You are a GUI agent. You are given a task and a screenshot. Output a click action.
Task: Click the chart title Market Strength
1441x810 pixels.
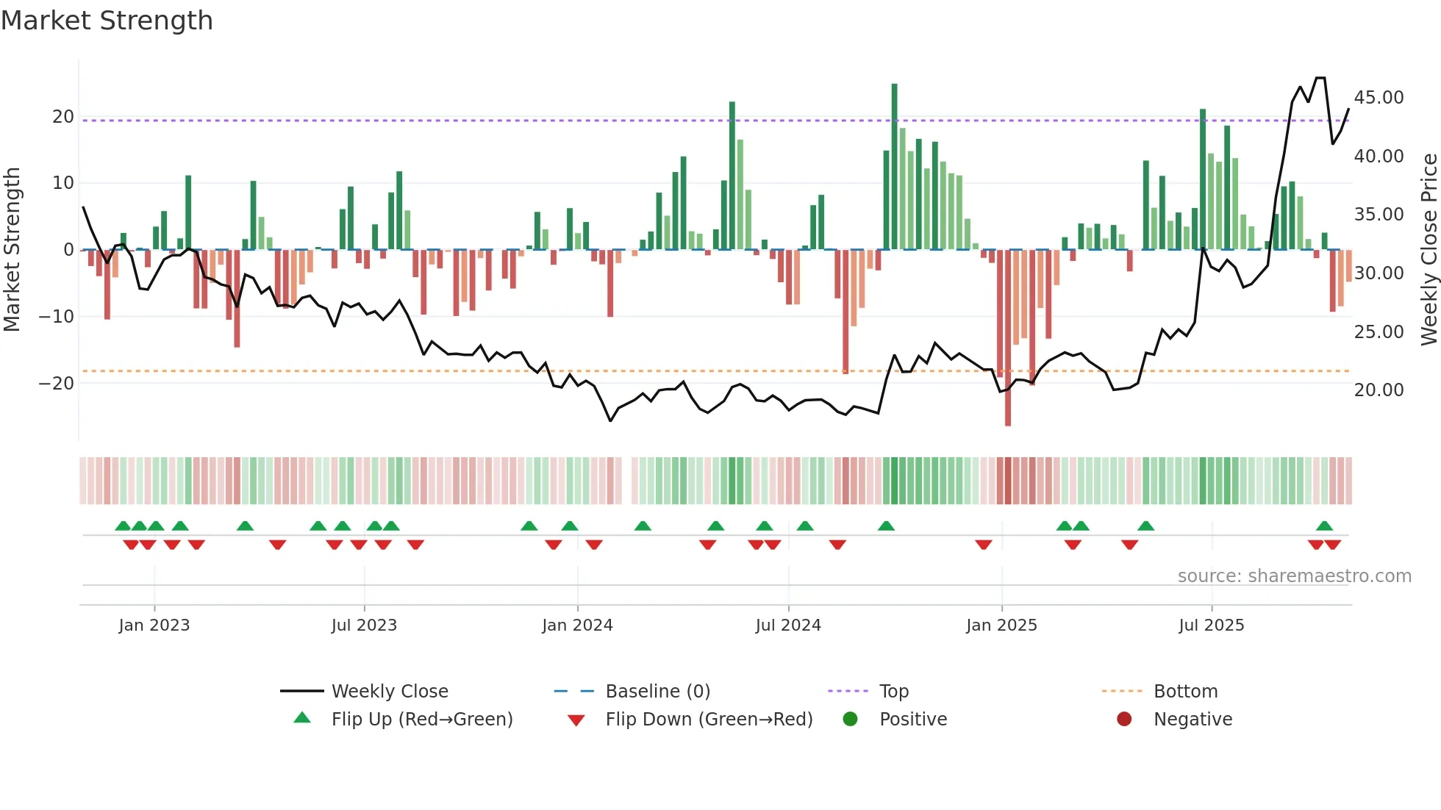pos(107,21)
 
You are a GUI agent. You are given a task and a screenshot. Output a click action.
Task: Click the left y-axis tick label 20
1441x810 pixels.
pos(63,117)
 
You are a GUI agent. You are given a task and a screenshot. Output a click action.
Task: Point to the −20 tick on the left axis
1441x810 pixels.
pos(57,383)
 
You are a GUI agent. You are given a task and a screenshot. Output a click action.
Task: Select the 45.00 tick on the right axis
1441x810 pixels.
pos(1379,98)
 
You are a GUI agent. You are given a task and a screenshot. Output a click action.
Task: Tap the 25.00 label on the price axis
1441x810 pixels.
pos(1379,331)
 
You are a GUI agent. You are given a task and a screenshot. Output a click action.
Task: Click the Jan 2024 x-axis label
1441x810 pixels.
pos(577,626)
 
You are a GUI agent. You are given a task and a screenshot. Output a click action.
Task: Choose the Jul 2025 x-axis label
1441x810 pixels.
pos(1211,626)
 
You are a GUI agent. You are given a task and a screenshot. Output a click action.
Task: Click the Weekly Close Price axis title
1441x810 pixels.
pos(1429,250)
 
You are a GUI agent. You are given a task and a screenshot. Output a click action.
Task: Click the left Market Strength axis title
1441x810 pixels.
pos(12,250)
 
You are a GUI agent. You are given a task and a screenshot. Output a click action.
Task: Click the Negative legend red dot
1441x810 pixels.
pos(1124,719)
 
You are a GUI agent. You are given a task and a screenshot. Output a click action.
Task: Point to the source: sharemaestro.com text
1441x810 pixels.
pos(1294,576)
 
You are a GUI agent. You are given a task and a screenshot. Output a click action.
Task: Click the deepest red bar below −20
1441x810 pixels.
pos(1008,338)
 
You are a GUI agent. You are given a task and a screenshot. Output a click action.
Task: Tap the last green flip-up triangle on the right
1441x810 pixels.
pos(1324,526)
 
